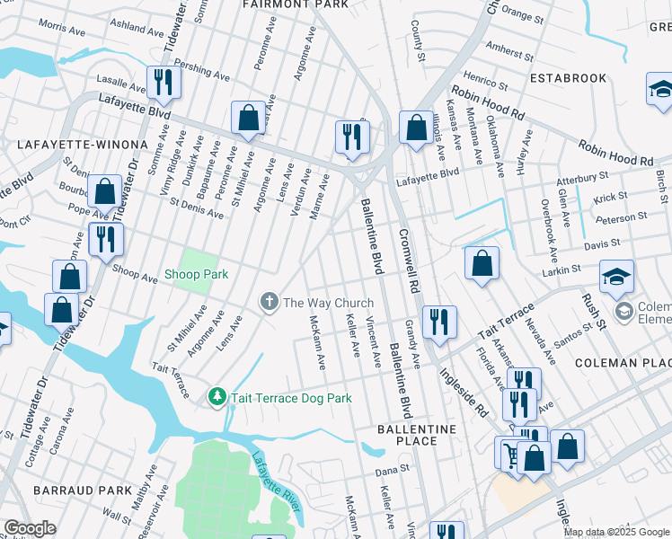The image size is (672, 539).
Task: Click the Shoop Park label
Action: tap(196, 274)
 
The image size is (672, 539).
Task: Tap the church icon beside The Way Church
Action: tap(268, 303)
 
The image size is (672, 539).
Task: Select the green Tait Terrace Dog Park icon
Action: tap(216, 396)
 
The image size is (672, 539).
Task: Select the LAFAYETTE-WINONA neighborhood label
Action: tap(82, 144)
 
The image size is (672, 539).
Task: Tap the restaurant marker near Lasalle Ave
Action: tap(164, 82)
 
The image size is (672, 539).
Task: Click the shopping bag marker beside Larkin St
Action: tap(482, 263)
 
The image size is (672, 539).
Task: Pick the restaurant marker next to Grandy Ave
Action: tap(439, 322)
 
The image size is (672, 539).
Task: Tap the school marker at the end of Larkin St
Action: tap(617, 278)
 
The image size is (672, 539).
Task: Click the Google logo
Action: tap(30, 528)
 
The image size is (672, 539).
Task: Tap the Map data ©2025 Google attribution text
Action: tap(616, 532)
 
